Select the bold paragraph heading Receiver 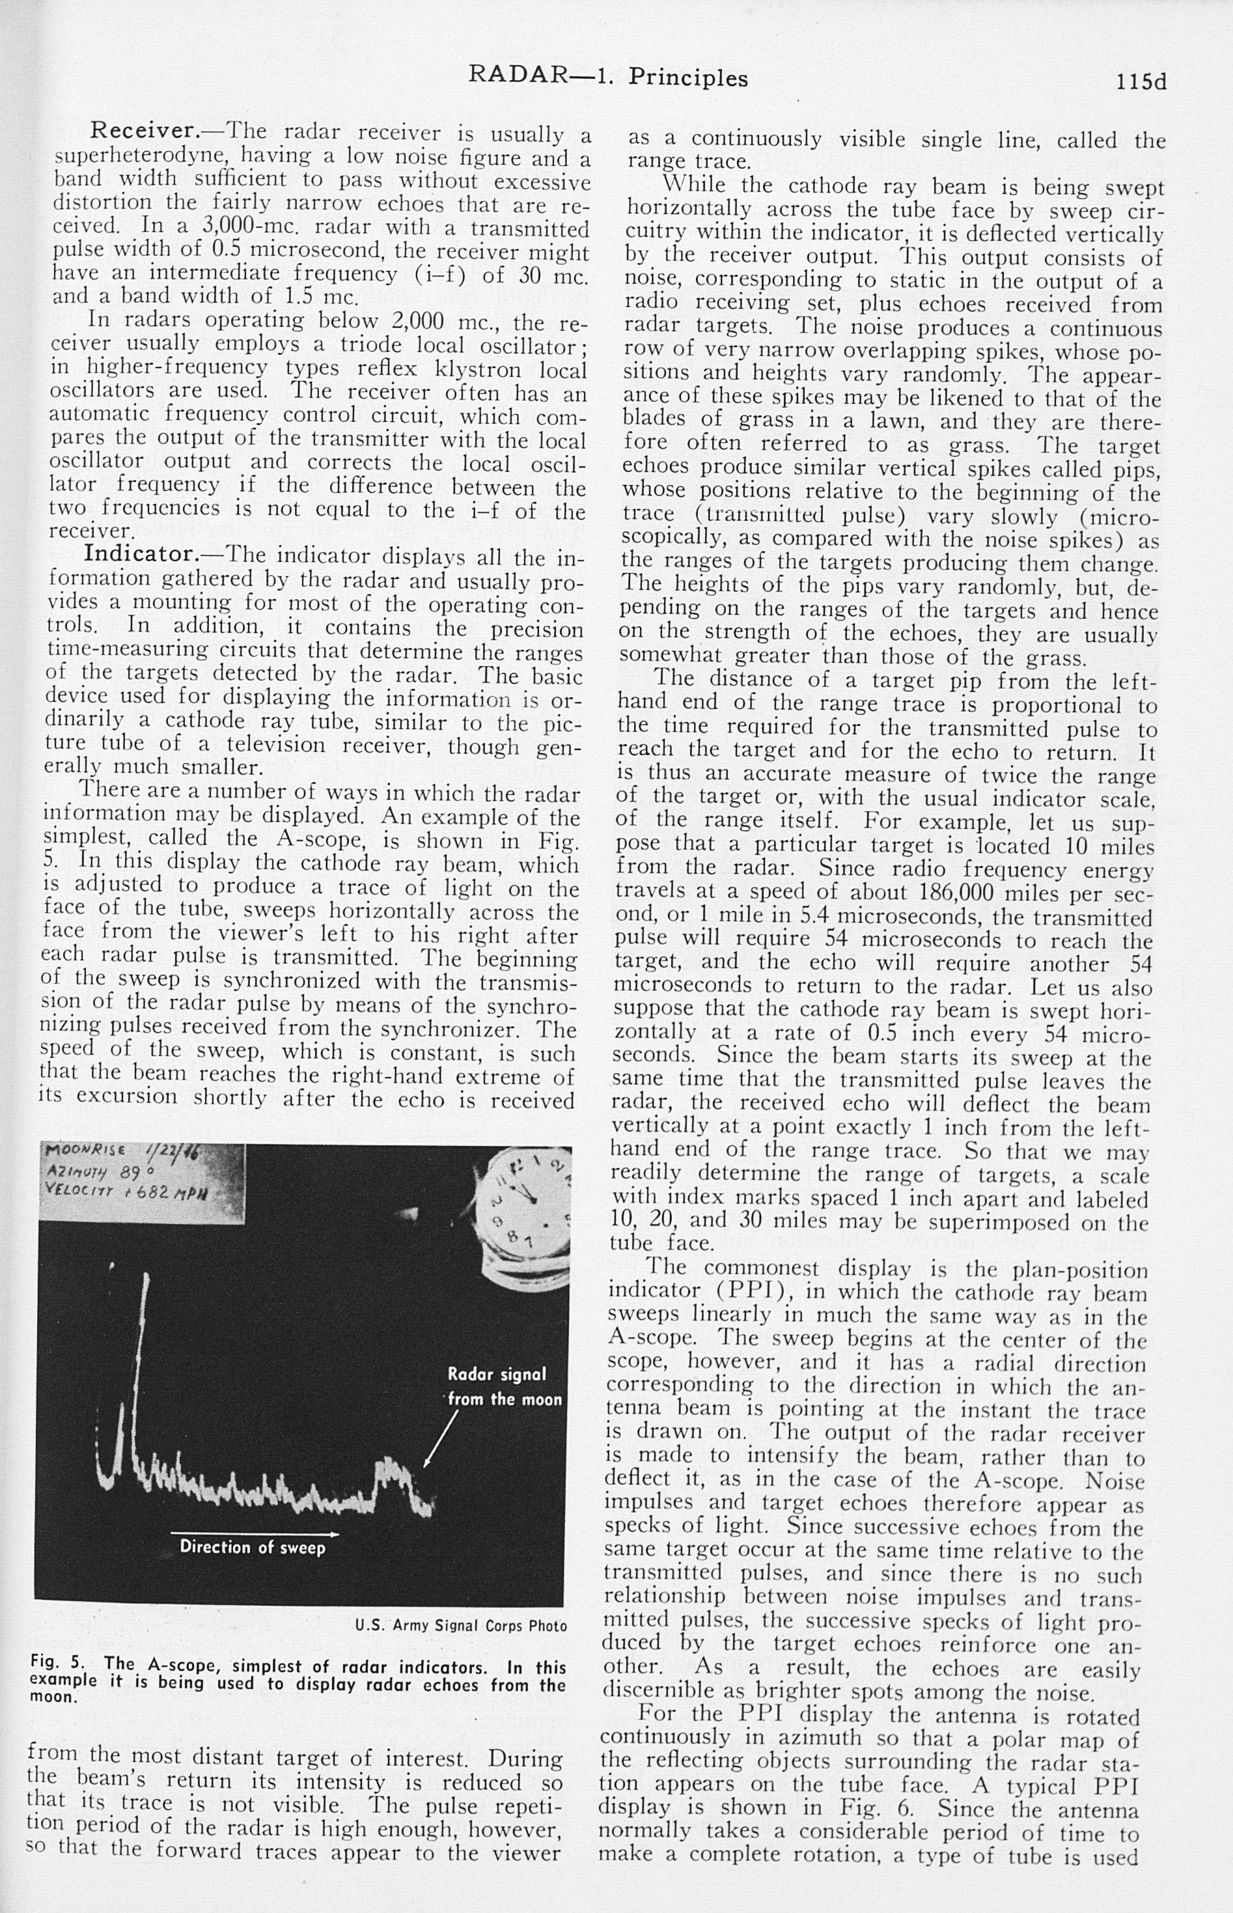pos(143,130)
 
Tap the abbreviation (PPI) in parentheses pos(755,1291)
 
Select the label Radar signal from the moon pos(501,1387)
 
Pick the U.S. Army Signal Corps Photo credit pos(460,1626)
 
